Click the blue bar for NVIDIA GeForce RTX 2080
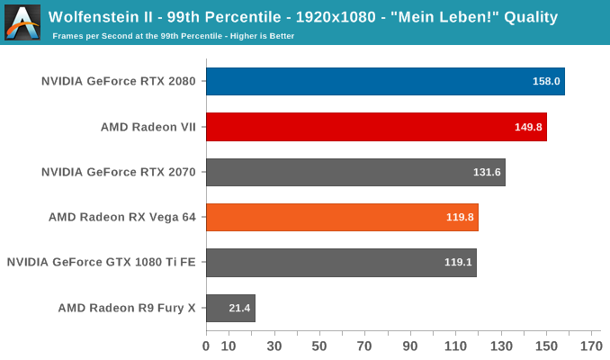coord(385,81)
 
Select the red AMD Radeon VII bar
coord(376,127)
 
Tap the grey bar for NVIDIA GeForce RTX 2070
coord(355,172)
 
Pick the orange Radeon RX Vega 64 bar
coord(342,217)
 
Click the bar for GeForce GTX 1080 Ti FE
coord(341,263)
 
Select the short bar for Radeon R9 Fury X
coord(230,308)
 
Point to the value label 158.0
coord(546,82)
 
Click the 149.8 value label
coord(528,127)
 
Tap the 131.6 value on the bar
coord(487,172)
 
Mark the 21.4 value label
coord(239,308)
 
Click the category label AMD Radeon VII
coord(148,127)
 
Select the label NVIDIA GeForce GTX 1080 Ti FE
coord(102,263)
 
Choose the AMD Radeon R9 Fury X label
coord(127,308)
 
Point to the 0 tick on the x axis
coord(206,346)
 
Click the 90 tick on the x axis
coord(410,346)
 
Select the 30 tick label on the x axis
coord(274,346)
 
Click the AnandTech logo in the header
coord(22,22)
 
